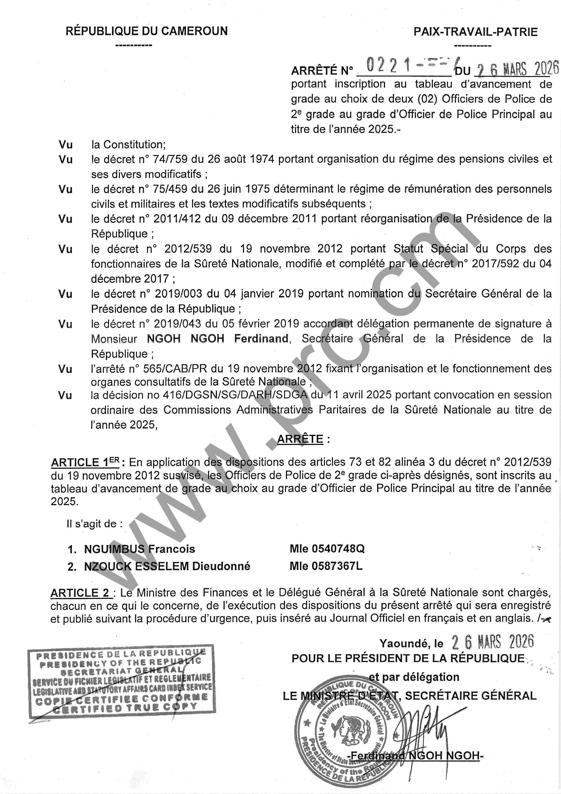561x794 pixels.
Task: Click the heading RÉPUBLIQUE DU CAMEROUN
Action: (147, 31)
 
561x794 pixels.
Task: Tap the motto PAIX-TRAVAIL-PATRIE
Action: (476, 32)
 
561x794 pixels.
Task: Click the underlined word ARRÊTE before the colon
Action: (300, 439)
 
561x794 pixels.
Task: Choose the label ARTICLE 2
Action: (80, 593)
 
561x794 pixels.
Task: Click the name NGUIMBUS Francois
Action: (139, 549)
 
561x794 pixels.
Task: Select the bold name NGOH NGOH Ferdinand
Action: (218, 339)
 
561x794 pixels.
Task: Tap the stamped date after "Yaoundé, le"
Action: (492, 642)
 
